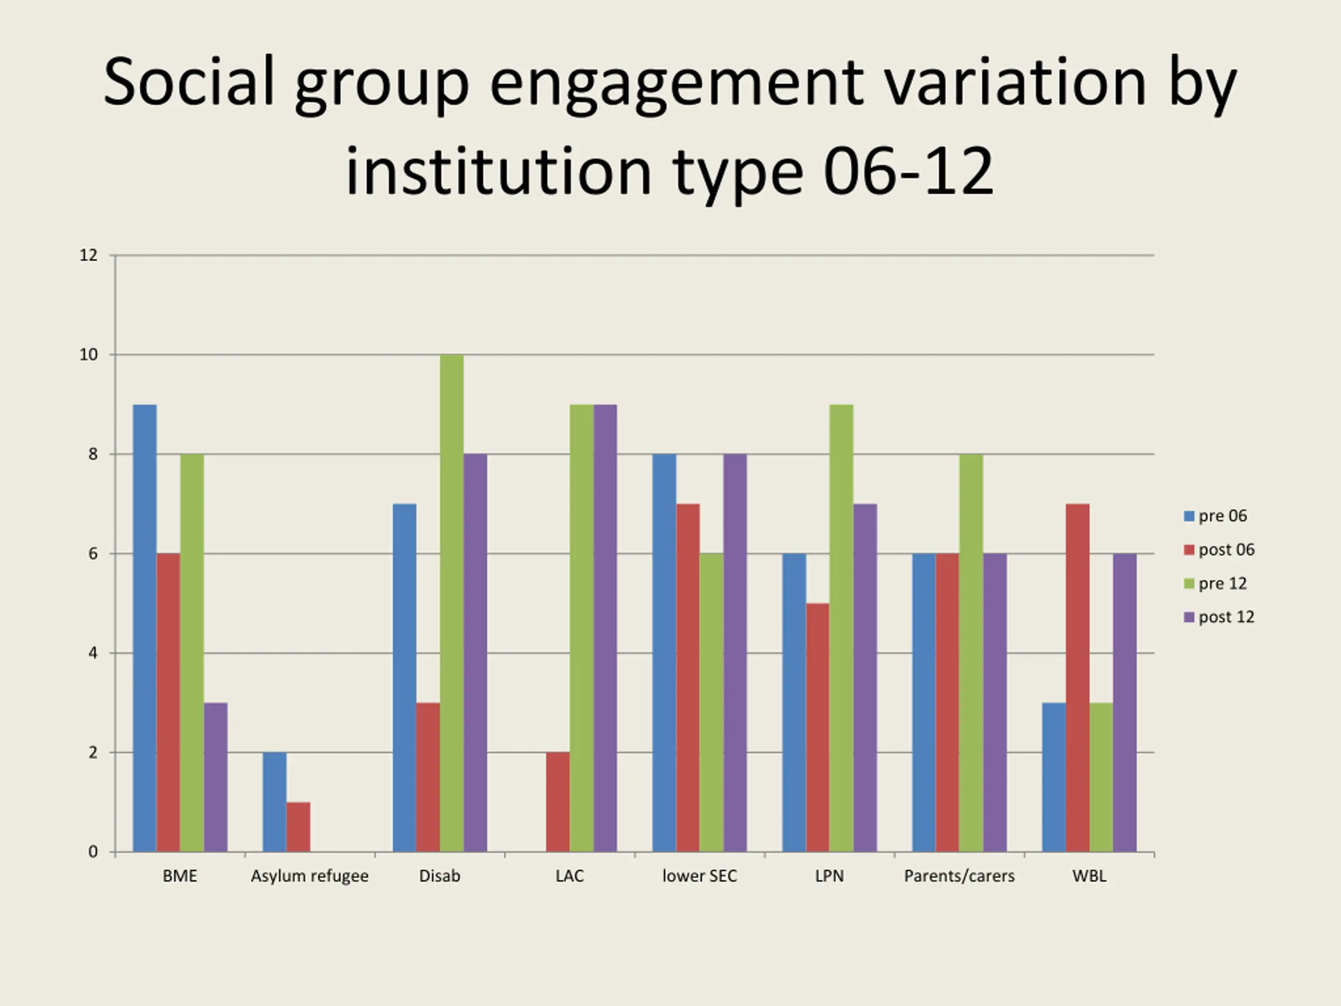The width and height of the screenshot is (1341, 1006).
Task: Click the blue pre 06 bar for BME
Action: pyautogui.click(x=145, y=628)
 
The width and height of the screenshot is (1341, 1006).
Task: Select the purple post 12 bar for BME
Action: pyautogui.click(x=216, y=777)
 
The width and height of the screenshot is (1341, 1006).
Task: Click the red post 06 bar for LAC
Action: pyautogui.click(x=558, y=802)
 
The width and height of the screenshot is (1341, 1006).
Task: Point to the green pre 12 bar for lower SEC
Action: pyautogui.click(x=712, y=702)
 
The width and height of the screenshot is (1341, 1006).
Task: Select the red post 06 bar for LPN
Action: pyautogui.click(x=818, y=727)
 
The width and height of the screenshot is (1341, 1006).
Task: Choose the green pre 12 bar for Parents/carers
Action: pyautogui.click(x=971, y=652)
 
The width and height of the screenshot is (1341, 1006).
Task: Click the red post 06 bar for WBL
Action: pyautogui.click(x=1078, y=677)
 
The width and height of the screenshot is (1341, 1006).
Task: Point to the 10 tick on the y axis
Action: pyautogui.click(x=89, y=355)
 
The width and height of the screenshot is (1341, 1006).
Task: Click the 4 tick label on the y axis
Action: pyautogui.click(x=93, y=653)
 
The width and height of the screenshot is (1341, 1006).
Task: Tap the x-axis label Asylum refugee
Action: pyautogui.click(x=310, y=876)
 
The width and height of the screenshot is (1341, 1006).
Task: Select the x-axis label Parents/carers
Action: pyautogui.click(x=959, y=876)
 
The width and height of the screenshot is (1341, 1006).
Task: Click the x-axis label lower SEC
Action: pyautogui.click(x=700, y=876)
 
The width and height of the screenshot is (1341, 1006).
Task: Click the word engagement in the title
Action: pyautogui.click(x=676, y=84)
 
